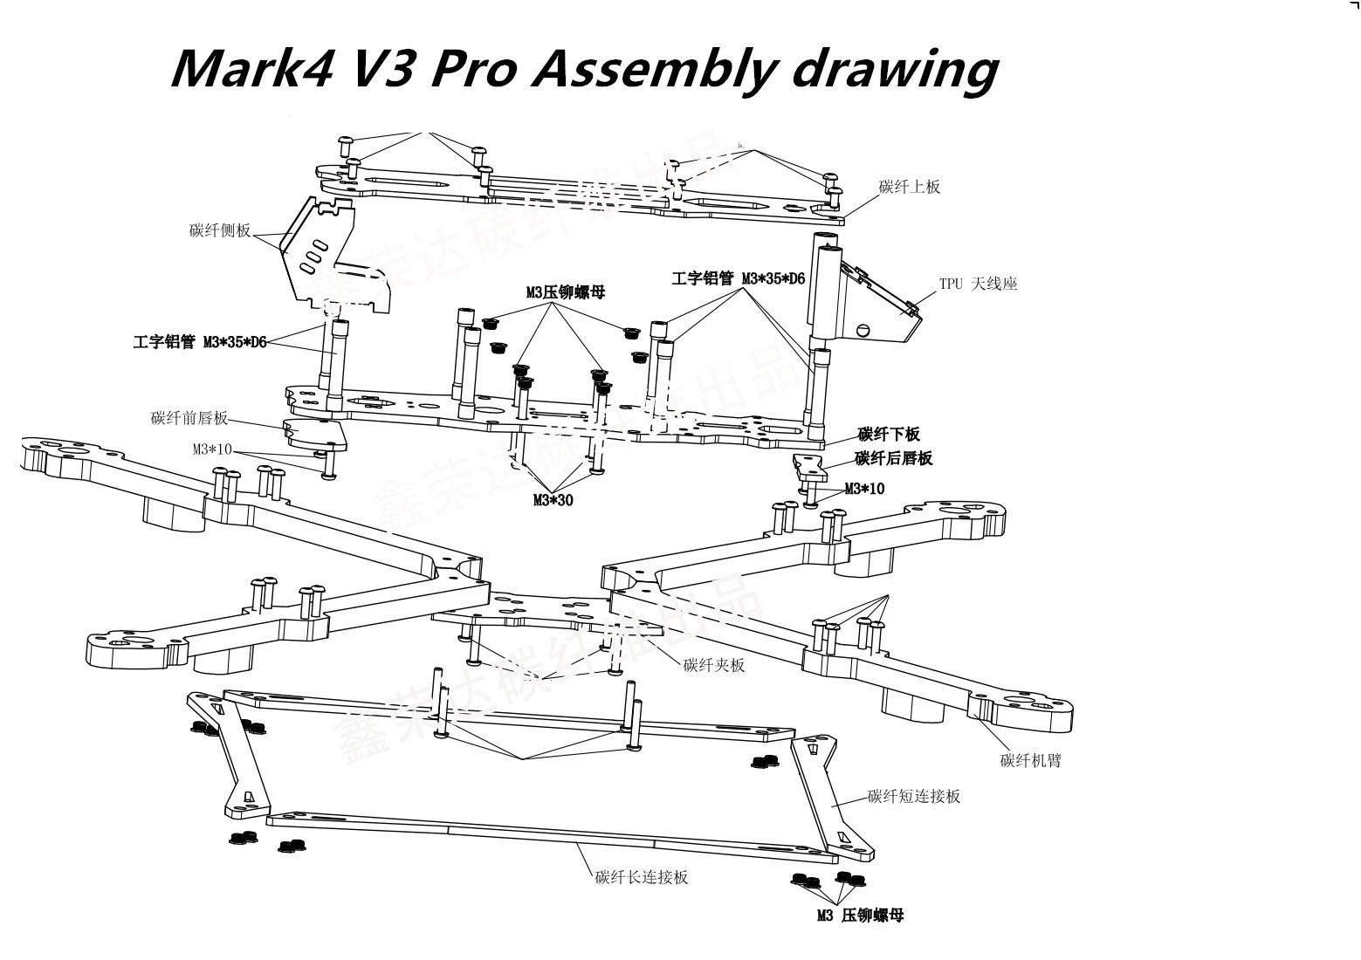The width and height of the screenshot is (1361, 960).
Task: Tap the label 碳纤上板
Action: tap(909, 187)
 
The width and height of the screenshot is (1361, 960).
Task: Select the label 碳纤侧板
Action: tap(220, 231)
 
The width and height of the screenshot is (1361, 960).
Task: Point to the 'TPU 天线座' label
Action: tap(978, 285)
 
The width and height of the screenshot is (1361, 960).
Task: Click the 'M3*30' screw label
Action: tap(553, 501)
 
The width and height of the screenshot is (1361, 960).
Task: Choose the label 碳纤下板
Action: tap(889, 435)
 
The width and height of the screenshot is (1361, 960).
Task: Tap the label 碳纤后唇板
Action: tap(894, 459)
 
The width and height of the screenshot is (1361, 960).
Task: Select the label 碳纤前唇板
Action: tap(189, 419)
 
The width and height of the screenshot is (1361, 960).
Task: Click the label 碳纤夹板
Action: tap(714, 666)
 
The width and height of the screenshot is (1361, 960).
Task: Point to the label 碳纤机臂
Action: tap(1030, 761)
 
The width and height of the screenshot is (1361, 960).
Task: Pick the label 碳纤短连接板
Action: tap(914, 797)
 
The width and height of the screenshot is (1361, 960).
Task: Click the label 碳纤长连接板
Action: tap(642, 878)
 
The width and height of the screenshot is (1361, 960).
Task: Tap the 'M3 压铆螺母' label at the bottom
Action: tap(860, 915)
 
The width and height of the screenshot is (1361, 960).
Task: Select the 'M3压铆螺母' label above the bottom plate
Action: tap(565, 293)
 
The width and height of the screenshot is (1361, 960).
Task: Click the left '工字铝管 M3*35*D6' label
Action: tap(200, 343)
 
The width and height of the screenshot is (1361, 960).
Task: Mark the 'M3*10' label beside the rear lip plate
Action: tap(864, 489)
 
